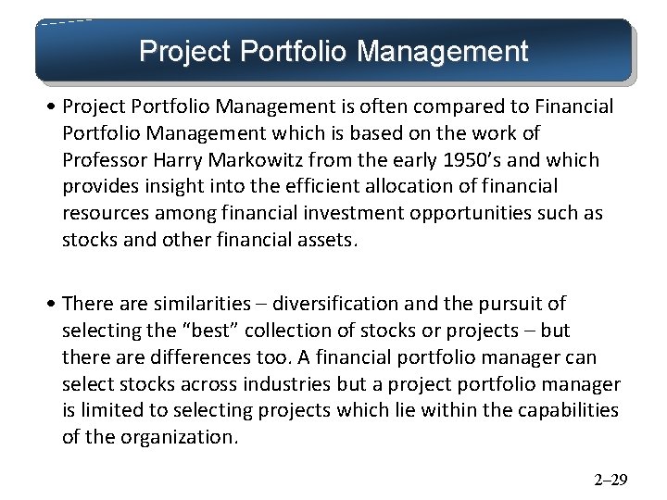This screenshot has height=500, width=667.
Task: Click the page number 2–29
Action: [x=610, y=480]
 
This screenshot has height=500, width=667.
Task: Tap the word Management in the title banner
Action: [x=442, y=50]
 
